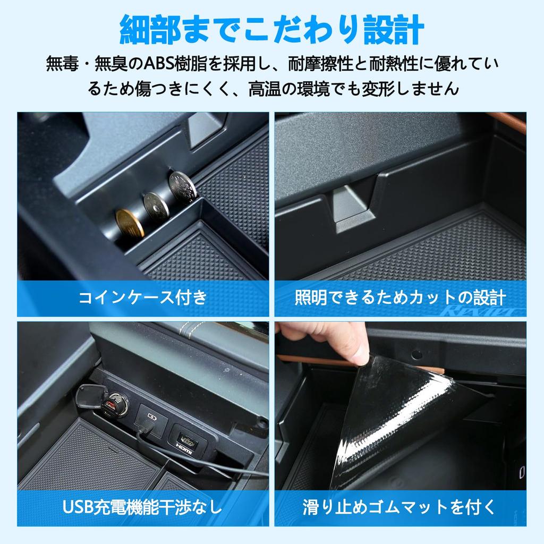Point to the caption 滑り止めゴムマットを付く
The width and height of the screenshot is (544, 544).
pyautogui.click(x=400, y=507)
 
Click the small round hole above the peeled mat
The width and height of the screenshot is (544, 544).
pyautogui.click(x=416, y=354)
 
